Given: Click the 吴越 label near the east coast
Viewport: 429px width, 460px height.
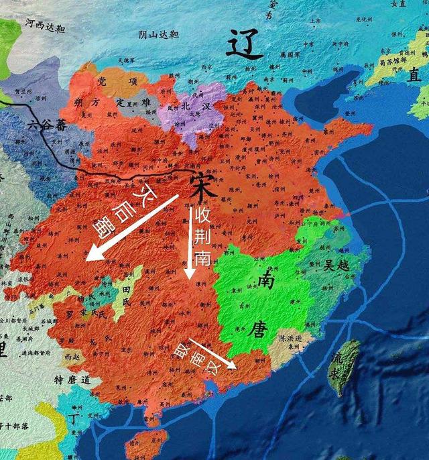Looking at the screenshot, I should (337, 265).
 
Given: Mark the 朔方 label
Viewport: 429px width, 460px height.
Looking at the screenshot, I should (88, 102).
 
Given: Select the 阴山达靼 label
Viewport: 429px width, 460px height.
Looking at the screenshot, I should (158, 35).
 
